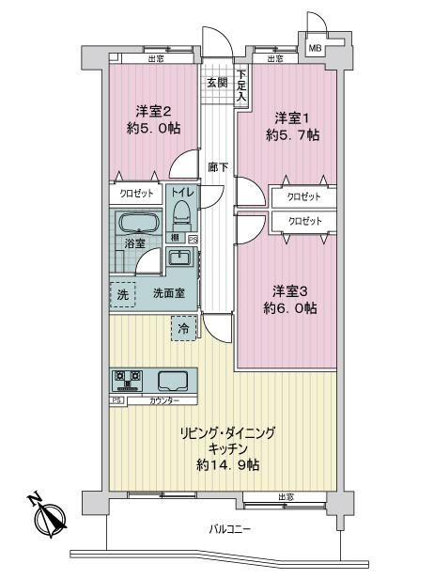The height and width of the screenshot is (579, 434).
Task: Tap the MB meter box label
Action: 315,48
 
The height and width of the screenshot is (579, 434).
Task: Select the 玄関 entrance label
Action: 217,83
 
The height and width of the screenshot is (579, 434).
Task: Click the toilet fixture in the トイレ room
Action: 181,215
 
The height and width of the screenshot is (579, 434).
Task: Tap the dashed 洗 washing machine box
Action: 123,294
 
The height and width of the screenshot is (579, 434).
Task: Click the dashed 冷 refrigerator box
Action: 183,328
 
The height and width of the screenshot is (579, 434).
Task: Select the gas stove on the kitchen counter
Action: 128,381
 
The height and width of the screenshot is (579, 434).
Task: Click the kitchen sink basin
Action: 173,381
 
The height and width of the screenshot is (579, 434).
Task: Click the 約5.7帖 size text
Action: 293,135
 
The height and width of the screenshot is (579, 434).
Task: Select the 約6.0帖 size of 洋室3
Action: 290,307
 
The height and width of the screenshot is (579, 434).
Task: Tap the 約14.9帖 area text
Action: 227,465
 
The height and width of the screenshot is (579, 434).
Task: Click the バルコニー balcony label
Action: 230,529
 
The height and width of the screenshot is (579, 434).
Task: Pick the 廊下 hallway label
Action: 218,167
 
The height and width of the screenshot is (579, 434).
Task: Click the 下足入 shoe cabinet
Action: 241,86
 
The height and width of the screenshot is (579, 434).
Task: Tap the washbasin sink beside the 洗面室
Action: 179,257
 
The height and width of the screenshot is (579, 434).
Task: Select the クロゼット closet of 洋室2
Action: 136,194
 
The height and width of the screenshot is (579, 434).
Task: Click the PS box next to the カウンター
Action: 117,400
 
